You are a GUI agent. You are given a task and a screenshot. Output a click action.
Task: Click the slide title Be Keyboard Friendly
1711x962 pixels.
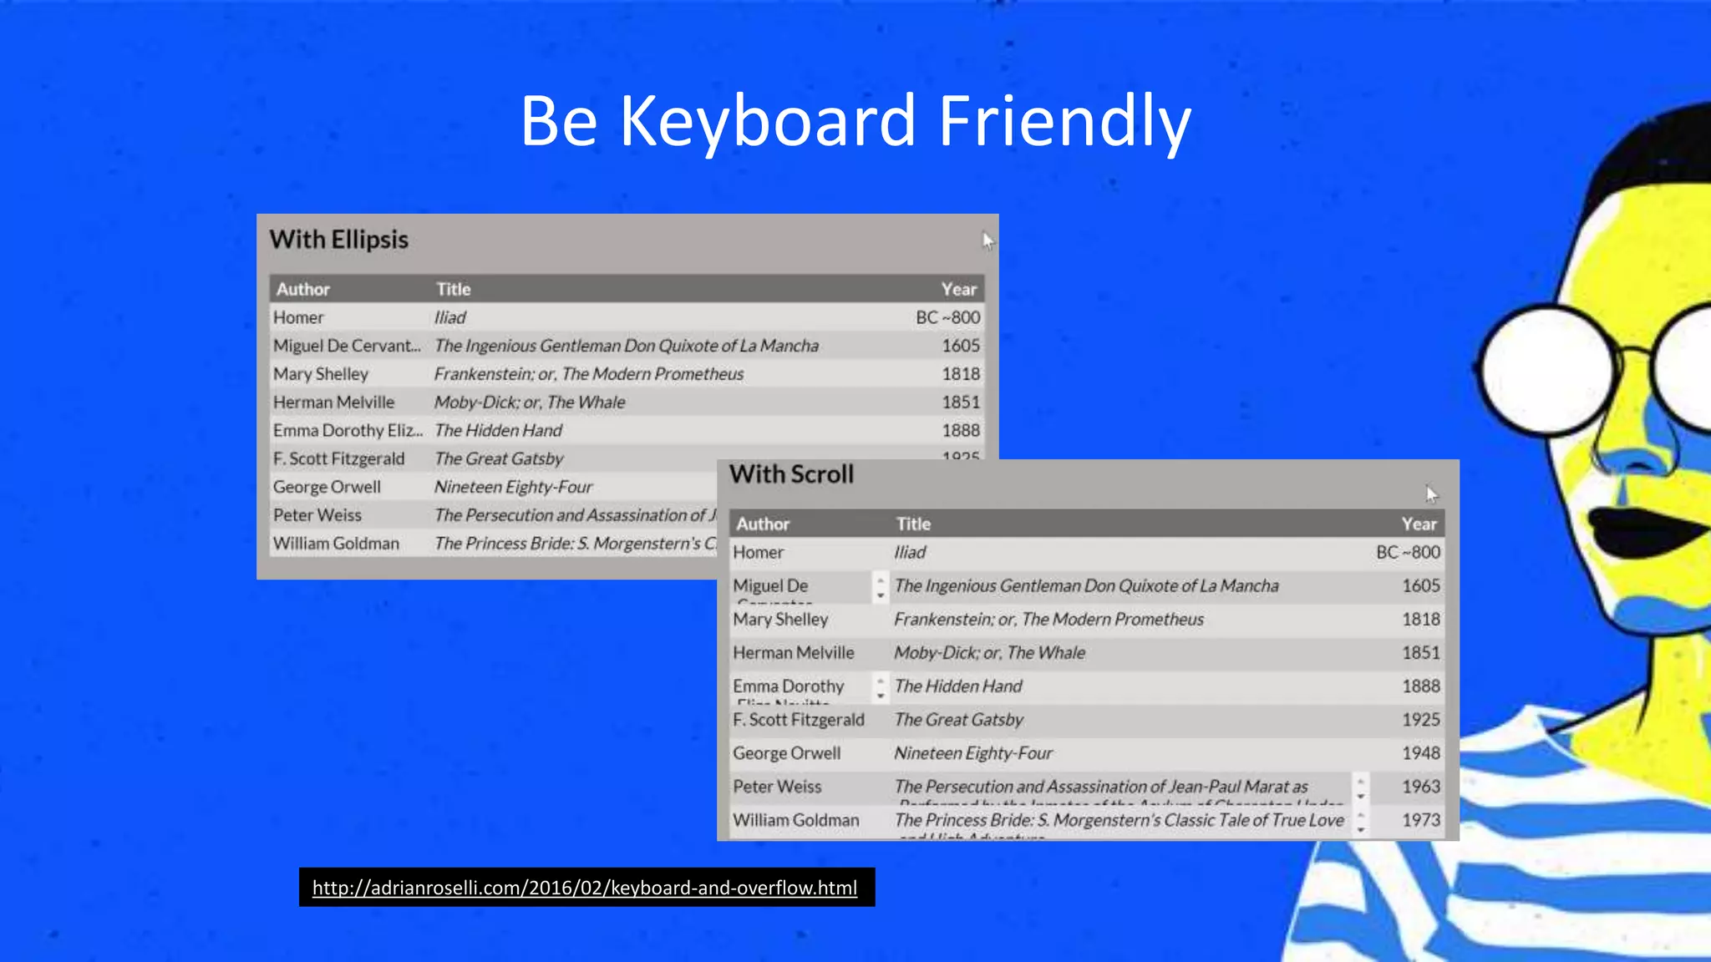855,121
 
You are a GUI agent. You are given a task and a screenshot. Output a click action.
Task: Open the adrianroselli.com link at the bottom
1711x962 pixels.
585,888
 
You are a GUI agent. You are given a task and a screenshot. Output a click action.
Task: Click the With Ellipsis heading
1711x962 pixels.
338,240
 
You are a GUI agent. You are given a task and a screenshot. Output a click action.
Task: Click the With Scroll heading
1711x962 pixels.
791,474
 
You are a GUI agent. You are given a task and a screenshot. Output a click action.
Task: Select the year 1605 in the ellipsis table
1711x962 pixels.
961,346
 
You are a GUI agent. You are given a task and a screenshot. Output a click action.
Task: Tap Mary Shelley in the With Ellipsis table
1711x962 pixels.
320,374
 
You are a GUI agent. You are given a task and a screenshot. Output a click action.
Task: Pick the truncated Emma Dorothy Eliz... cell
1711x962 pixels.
347,431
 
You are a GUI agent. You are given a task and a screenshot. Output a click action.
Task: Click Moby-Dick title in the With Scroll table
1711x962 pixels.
989,653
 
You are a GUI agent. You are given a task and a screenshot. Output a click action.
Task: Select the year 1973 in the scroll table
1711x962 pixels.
1420,820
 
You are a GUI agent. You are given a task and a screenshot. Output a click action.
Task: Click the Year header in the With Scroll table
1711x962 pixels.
1419,524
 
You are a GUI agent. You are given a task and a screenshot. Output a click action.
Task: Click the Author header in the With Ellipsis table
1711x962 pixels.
302,290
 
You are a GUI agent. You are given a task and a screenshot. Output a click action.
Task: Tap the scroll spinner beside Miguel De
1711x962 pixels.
881,587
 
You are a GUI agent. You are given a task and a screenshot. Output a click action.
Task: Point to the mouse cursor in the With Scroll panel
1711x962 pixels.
1431,494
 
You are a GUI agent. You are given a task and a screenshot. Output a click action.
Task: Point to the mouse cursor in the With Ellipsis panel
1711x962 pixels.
988,241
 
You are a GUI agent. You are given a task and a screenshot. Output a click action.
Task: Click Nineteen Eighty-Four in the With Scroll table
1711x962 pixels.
973,753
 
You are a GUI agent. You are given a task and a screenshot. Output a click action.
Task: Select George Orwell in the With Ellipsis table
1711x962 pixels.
327,487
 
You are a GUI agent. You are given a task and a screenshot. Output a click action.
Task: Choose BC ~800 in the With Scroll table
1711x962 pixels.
1408,553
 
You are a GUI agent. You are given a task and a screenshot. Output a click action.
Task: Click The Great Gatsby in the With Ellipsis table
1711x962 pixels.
499,459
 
